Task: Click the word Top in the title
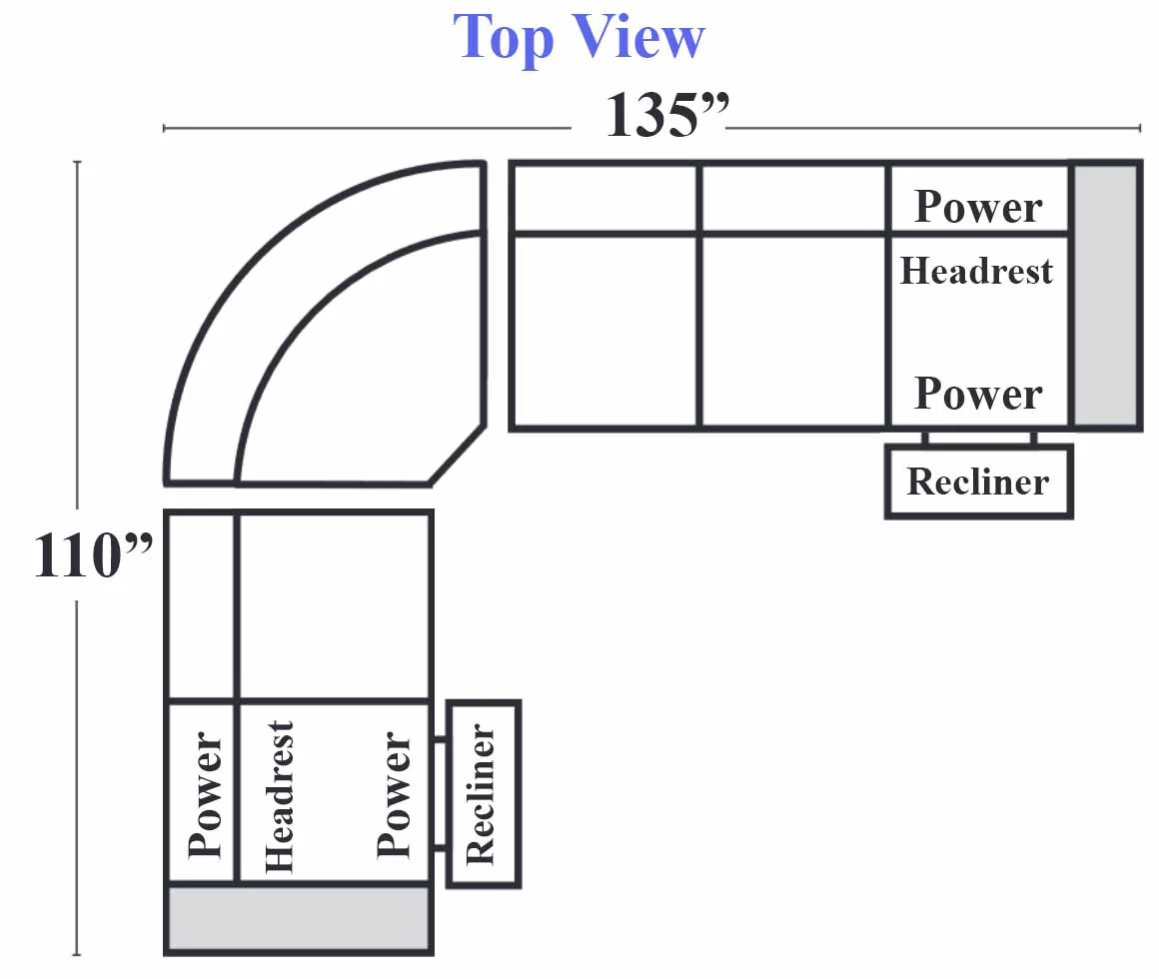504,37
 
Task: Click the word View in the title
638,37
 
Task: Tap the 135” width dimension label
666,115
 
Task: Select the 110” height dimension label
92,554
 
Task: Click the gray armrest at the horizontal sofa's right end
1105,296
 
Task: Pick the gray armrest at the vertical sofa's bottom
299,918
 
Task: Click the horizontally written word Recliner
978,482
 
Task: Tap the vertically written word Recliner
481,793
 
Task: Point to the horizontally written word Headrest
976,271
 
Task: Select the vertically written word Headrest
280,796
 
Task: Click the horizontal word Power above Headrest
978,206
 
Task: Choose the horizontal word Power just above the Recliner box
978,393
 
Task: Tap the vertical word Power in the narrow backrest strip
205,794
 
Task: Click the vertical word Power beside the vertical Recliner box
394,794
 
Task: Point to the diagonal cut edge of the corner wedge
457,456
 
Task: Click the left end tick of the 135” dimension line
163,129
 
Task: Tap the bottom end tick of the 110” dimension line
77,955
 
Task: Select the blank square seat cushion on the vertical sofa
335,605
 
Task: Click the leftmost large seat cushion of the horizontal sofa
604,331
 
